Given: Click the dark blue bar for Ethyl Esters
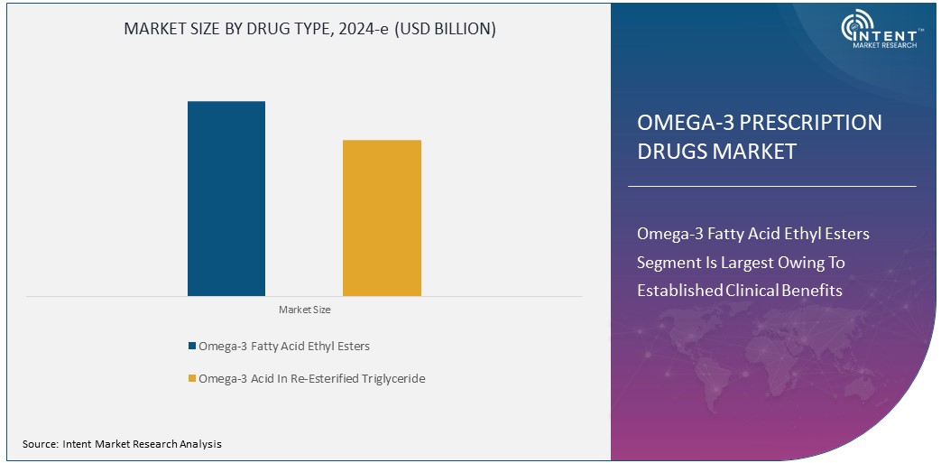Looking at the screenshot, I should (226, 199).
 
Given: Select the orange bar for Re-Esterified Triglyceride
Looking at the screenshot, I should (382, 218).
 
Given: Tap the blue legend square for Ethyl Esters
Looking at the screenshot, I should (191, 347).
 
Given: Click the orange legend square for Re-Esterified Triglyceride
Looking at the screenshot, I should (191, 379).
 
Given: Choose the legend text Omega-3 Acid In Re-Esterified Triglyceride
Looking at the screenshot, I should (311, 379).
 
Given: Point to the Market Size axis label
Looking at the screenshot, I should (304, 310).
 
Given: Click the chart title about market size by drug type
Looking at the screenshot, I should (309, 29).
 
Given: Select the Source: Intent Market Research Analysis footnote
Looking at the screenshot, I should (122, 444).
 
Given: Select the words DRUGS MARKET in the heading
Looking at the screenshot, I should (716, 152).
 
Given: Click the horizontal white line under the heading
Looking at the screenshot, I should (771, 186).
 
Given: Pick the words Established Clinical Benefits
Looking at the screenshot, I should (739, 291).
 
